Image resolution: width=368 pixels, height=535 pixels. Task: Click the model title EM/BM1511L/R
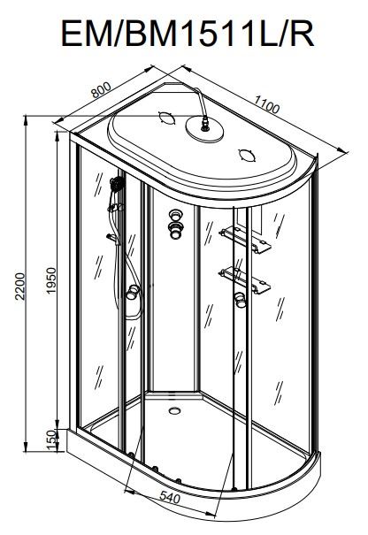click(188, 34)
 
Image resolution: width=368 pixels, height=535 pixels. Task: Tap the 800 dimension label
click(102, 89)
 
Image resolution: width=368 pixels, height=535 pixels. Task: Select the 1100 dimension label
click(266, 103)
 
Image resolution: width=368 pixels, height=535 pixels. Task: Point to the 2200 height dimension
click(20, 286)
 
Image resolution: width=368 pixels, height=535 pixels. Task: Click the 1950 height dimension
click(50, 280)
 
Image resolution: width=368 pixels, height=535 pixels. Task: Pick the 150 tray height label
click(50, 439)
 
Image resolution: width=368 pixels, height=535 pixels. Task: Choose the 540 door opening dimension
click(169, 499)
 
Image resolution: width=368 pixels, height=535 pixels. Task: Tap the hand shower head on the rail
click(117, 184)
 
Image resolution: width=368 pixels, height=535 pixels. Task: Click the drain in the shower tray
click(175, 410)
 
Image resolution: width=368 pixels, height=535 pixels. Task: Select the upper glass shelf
click(245, 240)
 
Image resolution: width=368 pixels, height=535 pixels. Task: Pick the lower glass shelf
click(245, 279)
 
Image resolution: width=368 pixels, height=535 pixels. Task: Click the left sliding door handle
click(133, 293)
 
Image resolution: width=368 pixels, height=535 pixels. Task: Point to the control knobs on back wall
click(175, 224)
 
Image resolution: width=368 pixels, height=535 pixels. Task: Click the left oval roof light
click(167, 118)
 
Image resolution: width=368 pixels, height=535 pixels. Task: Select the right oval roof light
click(247, 156)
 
